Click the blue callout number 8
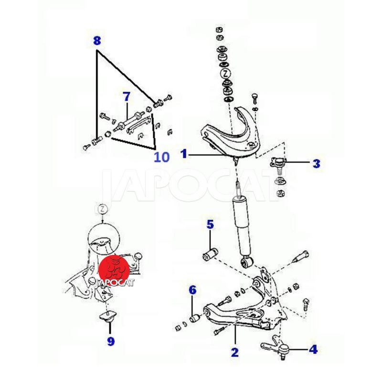pyautogui.click(x=97, y=41)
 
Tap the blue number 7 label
pyautogui.click(x=127, y=97)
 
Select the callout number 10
pyautogui.click(x=161, y=157)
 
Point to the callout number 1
pyautogui.click(x=184, y=154)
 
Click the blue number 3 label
pyautogui.click(x=317, y=163)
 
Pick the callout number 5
pyautogui.click(x=210, y=224)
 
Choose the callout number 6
pyautogui.click(x=192, y=290)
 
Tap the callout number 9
pyautogui.click(x=111, y=341)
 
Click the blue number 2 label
pyautogui.click(x=234, y=352)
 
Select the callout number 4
pyautogui.click(x=313, y=350)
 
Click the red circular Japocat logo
pyautogui.click(x=114, y=270)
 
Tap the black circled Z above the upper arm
pyautogui.click(x=225, y=74)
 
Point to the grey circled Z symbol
pyautogui.click(x=103, y=209)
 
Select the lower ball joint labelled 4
pyautogui.click(x=276, y=347)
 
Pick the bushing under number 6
pyautogui.click(x=195, y=318)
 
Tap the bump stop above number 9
pyautogui.click(x=108, y=316)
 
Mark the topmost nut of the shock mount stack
pyautogui.click(x=219, y=30)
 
